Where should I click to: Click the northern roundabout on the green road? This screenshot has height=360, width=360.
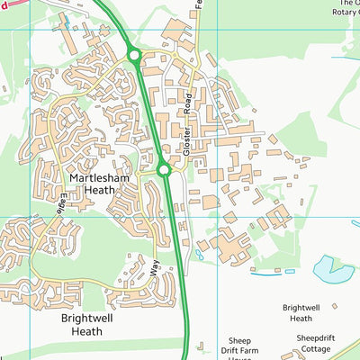point(134,57)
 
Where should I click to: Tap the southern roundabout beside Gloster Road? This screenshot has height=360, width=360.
point(164,169)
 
